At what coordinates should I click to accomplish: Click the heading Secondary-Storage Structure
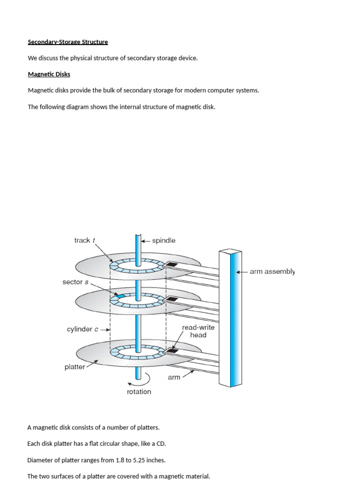68,42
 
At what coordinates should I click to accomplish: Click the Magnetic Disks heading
49,74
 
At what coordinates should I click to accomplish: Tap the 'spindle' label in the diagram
164,240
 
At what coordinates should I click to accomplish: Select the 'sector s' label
75,282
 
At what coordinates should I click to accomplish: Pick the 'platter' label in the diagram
75,367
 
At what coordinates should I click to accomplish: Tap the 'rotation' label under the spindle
139,392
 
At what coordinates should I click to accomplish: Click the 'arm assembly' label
272,271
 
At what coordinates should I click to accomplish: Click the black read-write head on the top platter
172,265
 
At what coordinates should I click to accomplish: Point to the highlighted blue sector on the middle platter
121,297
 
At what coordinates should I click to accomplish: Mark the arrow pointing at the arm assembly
241,272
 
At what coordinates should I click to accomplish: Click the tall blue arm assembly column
230,319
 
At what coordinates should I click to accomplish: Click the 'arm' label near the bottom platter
174,377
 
